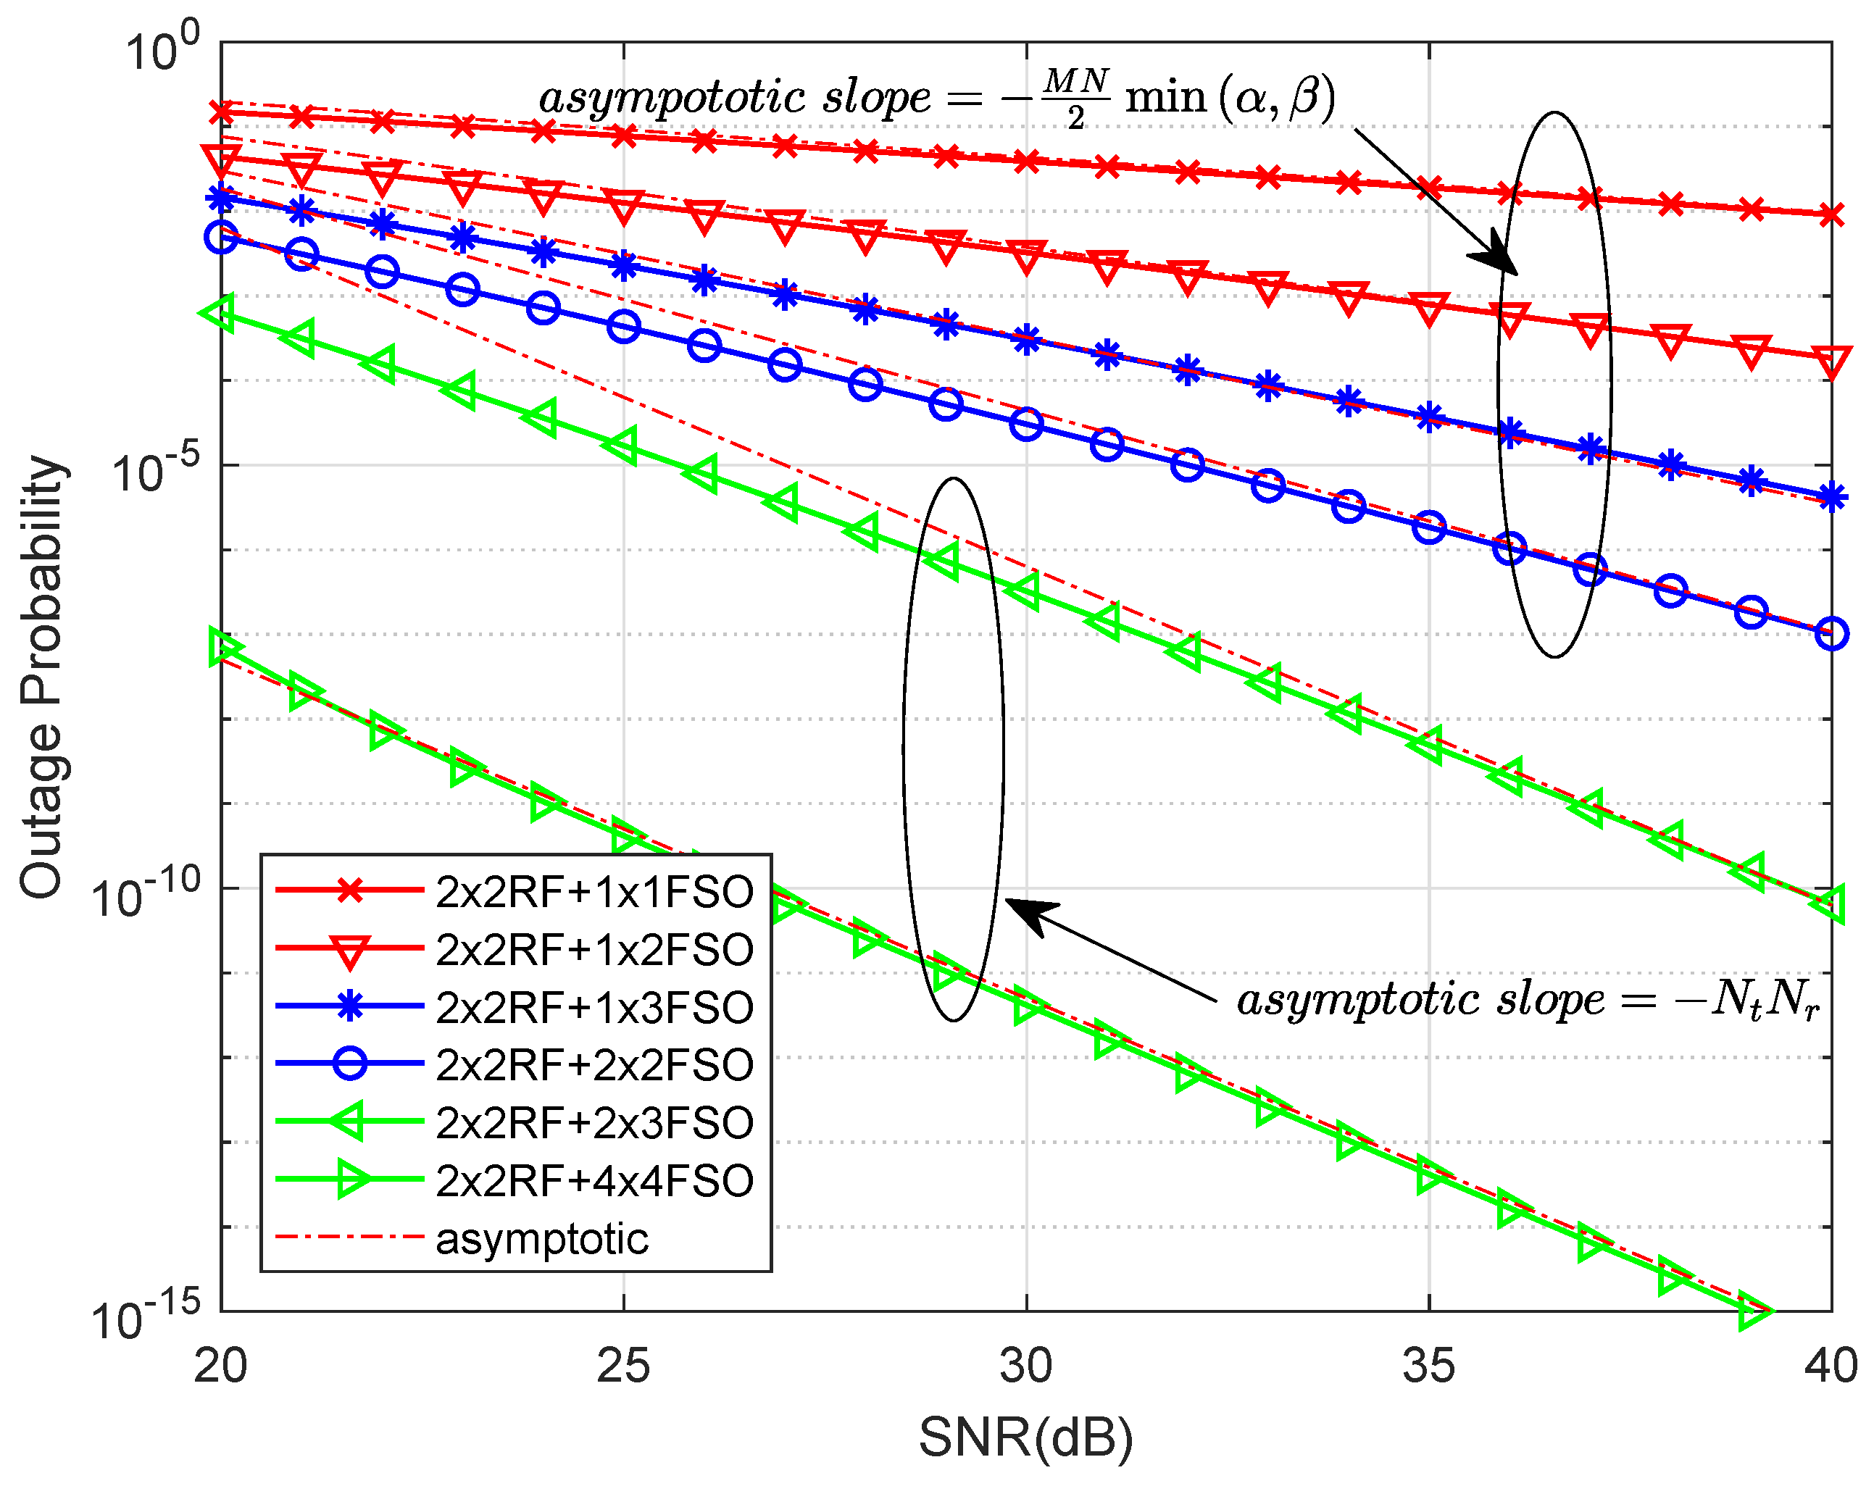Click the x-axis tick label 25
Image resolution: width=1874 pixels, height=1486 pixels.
(x=623, y=1366)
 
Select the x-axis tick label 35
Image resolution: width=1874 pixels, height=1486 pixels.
(x=1428, y=1366)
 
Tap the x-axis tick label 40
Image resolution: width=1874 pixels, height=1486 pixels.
(x=1831, y=1366)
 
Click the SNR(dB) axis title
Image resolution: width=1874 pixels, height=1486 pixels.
(x=1025, y=1438)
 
